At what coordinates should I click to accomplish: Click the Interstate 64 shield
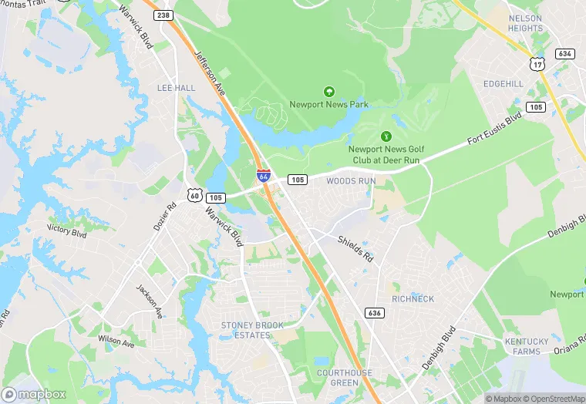click(x=264, y=177)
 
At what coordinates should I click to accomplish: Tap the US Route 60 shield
click(x=195, y=197)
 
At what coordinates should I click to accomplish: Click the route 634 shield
click(x=565, y=53)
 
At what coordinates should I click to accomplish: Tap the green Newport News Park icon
click(x=329, y=91)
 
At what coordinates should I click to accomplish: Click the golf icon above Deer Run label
click(x=376, y=136)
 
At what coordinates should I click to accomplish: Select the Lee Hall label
click(x=176, y=88)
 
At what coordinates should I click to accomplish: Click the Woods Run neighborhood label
click(x=351, y=180)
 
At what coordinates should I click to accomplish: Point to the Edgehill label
click(x=503, y=83)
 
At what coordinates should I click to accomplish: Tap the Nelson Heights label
click(x=525, y=23)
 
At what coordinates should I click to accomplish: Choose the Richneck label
click(x=413, y=298)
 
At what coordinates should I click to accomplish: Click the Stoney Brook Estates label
click(x=252, y=330)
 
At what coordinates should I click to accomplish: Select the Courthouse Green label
click(x=344, y=378)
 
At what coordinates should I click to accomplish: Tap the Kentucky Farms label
click(x=527, y=346)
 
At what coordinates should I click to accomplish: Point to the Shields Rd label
click(x=355, y=249)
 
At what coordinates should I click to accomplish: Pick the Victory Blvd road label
click(x=68, y=230)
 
